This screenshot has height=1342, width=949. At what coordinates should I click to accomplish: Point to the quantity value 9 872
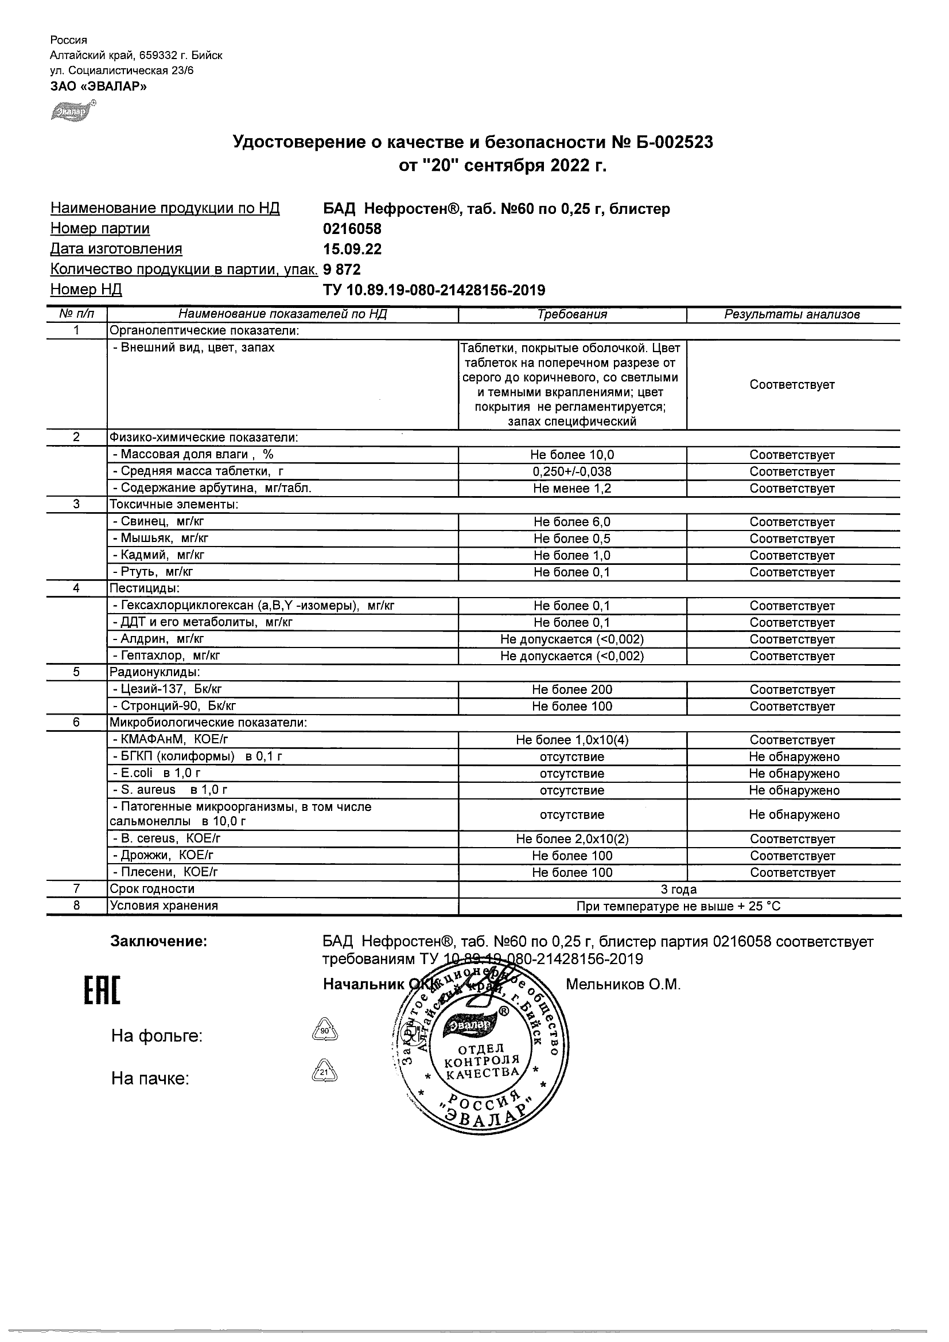(x=342, y=270)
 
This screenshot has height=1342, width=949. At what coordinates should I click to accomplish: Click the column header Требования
(x=572, y=314)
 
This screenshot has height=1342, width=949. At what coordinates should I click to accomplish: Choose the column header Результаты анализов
(x=792, y=314)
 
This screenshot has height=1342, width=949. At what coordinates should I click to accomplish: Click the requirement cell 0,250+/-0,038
(x=572, y=471)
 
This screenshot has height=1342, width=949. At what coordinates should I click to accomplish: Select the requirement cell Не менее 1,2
(x=572, y=489)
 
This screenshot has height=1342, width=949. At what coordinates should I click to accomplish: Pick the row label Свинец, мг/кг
(x=158, y=522)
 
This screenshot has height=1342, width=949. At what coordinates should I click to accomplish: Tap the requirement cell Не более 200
(x=572, y=690)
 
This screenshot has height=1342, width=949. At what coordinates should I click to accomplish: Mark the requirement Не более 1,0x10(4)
(x=572, y=740)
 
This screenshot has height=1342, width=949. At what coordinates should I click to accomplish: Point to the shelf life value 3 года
(x=678, y=889)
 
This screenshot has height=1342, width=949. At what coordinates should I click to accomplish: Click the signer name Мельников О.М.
(x=623, y=985)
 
